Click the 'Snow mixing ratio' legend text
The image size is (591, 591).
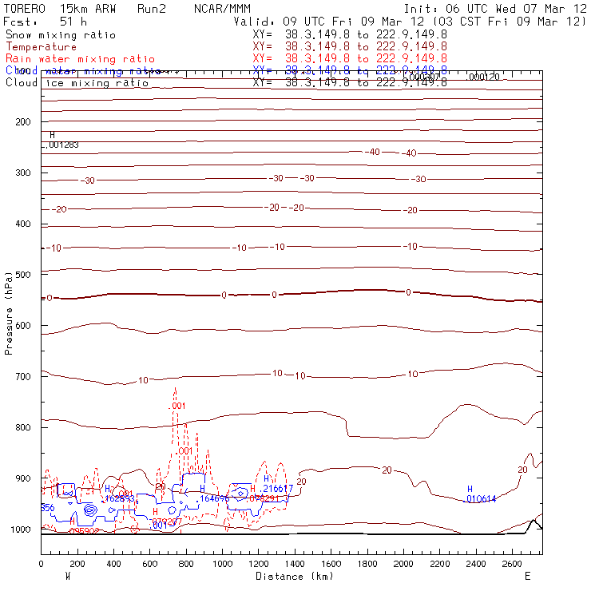(x=61, y=35)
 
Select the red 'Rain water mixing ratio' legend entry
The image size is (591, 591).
(x=80, y=59)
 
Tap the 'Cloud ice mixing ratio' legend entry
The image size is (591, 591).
(x=77, y=83)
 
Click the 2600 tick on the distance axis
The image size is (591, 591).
(x=513, y=564)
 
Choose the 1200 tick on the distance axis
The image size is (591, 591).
(x=259, y=564)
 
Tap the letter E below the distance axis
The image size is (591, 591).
(x=527, y=576)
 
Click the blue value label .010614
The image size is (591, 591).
(x=481, y=499)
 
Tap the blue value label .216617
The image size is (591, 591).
(x=277, y=488)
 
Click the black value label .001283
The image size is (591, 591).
(x=63, y=145)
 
